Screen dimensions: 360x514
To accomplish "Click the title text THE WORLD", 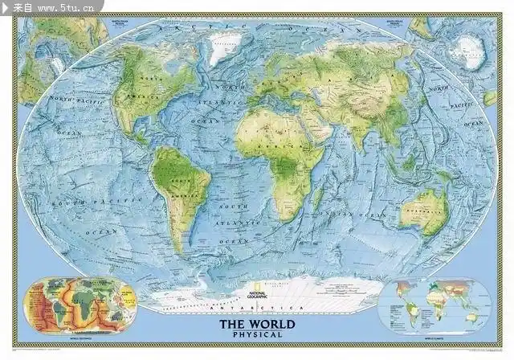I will click(x=256, y=325).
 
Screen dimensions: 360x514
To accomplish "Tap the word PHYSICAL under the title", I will click(x=257, y=334).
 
